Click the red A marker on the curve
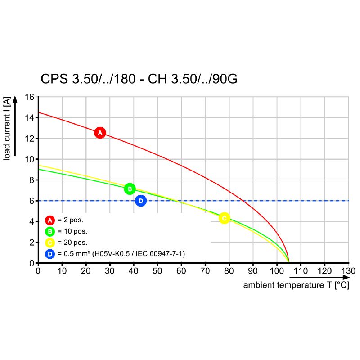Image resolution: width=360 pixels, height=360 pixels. tap(100, 133)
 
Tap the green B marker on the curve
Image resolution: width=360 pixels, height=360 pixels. tap(130, 189)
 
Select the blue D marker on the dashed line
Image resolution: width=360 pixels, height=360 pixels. tap(141, 201)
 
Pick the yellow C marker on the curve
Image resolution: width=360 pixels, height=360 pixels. tap(224, 218)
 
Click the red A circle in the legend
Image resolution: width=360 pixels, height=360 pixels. tap(50, 220)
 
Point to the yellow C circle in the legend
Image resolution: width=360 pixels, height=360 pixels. tap(50, 243)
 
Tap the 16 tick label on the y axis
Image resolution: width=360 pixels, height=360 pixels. tap(30, 97)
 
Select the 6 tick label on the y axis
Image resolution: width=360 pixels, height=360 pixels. tap(32, 201)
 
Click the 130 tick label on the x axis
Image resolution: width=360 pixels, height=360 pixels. tap(348, 271)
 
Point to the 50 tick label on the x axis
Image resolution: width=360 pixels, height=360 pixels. tap(157, 271)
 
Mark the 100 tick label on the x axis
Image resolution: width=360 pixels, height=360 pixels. tap(277, 271)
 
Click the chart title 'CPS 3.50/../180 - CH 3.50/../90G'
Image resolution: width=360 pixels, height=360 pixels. tap(139, 80)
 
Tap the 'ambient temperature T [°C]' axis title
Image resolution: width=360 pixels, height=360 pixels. tap(296, 285)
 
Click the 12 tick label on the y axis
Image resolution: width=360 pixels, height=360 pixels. tap(30, 139)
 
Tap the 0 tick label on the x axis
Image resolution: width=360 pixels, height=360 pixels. tap(38, 271)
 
